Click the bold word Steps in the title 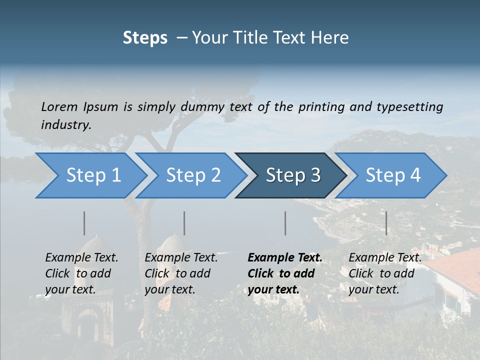click(x=145, y=38)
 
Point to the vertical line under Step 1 click(x=84, y=223)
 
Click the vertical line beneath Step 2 click(x=184, y=223)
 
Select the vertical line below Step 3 click(x=285, y=223)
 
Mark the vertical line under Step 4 click(x=386, y=223)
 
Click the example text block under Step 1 click(x=81, y=273)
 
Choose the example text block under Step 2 click(x=181, y=273)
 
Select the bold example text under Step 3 click(x=285, y=273)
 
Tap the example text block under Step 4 click(x=385, y=273)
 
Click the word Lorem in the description click(x=59, y=107)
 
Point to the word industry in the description click(x=66, y=125)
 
